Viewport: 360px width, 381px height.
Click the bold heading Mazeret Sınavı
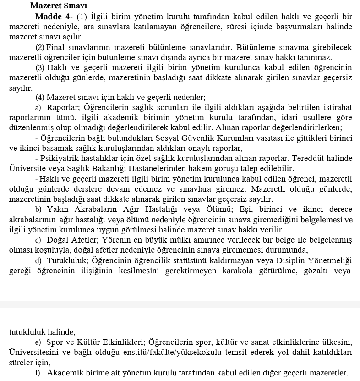click(58, 6)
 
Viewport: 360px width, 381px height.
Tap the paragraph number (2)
click(40, 47)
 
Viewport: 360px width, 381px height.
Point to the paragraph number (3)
click(40, 68)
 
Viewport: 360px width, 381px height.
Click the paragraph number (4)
click(40, 97)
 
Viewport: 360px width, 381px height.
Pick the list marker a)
click(38, 107)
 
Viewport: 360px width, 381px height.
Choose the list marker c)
click(38, 240)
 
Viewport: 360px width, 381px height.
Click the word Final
click(55, 47)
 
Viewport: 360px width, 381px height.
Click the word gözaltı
click(313, 271)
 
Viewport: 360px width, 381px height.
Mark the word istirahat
click(336, 107)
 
